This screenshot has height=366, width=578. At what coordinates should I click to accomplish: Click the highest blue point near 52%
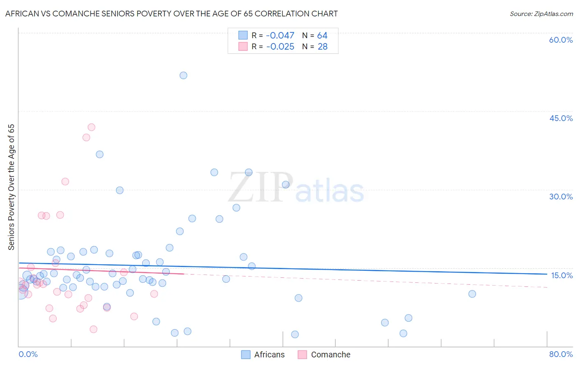[183, 75]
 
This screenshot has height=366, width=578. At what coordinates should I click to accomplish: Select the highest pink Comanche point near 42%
[91, 127]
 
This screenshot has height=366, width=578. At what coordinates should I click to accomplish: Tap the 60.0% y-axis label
[561, 40]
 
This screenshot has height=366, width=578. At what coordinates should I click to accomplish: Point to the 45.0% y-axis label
[561, 118]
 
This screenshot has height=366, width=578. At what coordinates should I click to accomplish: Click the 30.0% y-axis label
[561, 197]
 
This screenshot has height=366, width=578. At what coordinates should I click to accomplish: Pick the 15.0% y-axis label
[562, 275]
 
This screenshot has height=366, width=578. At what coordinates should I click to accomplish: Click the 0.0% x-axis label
[28, 354]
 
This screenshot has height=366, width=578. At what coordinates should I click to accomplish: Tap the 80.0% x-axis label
[561, 354]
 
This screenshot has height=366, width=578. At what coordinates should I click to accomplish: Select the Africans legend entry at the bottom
[269, 355]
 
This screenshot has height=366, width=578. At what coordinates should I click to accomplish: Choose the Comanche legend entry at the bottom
[331, 355]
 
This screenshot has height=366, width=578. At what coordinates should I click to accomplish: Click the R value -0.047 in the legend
[280, 36]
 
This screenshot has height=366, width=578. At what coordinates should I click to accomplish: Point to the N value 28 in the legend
[323, 47]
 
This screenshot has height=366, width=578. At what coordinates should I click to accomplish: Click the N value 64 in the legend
[322, 36]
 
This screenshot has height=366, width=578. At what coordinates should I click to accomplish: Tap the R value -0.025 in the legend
[280, 47]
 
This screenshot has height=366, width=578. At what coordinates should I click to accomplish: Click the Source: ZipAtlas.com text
[541, 14]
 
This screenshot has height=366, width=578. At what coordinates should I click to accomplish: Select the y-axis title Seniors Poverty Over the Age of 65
[12, 187]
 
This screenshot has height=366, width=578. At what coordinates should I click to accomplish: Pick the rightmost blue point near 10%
[472, 294]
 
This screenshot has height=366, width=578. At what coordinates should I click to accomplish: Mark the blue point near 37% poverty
[99, 154]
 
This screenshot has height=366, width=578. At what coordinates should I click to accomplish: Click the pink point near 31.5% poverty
[65, 181]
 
